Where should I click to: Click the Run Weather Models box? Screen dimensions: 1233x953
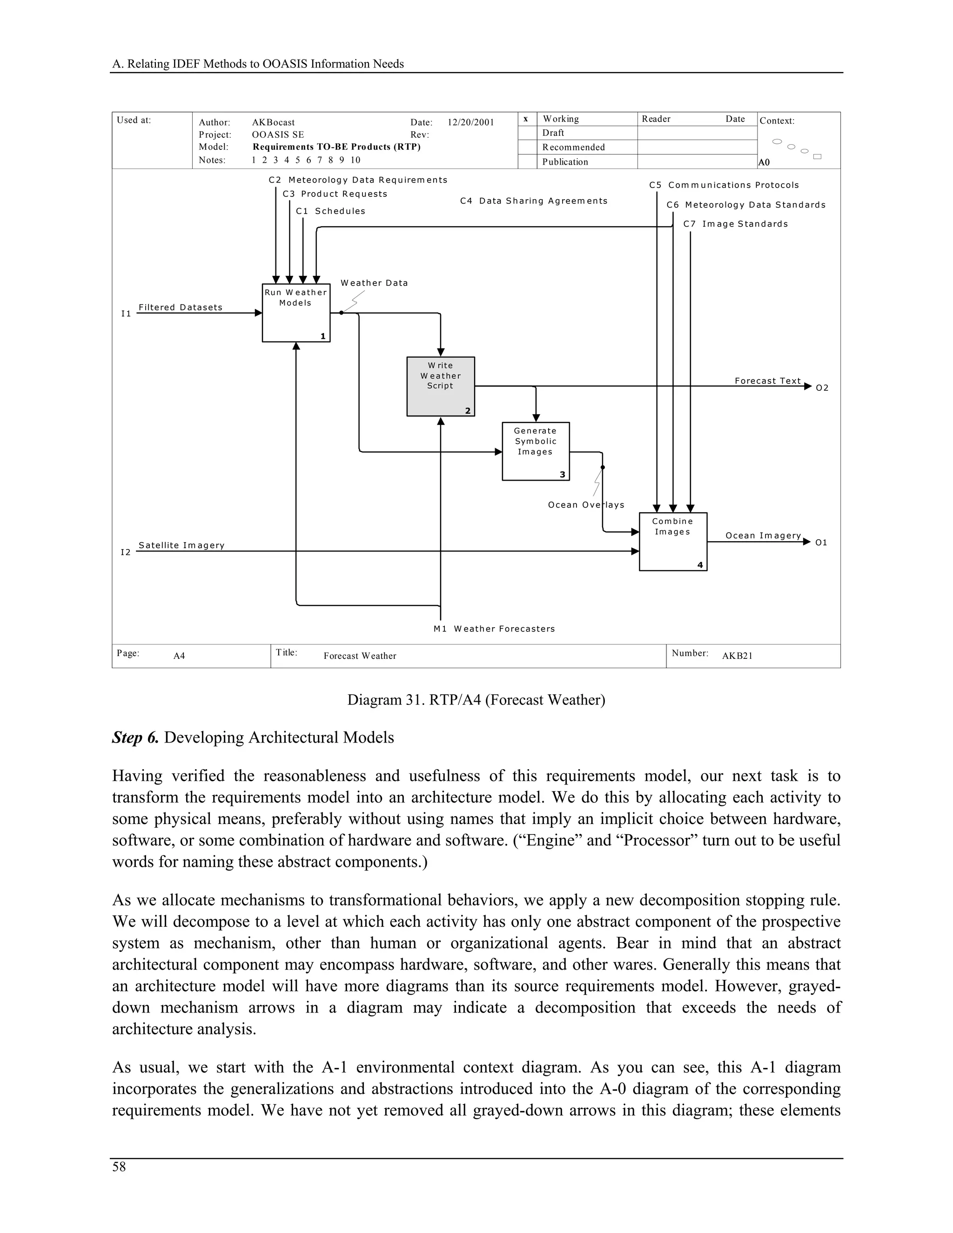(296, 313)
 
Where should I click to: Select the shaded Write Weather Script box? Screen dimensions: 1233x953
(440, 386)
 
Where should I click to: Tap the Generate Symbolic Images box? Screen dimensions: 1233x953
(535, 451)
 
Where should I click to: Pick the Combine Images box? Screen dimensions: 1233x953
(672, 542)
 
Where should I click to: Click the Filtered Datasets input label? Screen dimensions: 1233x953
(180, 307)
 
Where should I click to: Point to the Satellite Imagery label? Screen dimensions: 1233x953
(181, 545)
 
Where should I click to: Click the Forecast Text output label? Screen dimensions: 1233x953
(767, 381)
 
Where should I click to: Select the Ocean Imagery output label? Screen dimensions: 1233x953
(763, 535)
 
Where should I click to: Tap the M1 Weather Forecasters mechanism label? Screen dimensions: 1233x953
(494, 628)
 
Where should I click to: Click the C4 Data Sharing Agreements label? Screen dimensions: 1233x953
(534, 201)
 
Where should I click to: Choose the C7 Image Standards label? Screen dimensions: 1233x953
(735, 223)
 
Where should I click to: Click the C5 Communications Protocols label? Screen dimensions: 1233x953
(724, 185)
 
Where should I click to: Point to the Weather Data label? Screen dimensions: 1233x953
(374, 283)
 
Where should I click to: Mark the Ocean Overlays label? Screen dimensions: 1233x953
(585, 504)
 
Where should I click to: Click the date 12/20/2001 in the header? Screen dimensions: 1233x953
(470, 122)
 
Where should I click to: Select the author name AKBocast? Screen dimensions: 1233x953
(273, 122)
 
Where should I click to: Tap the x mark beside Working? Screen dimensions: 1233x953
(526, 119)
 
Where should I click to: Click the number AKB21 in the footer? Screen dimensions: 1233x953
(737, 656)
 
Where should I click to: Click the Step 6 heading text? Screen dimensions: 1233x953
(253, 737)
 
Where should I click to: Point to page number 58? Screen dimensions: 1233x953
(119, 1166)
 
